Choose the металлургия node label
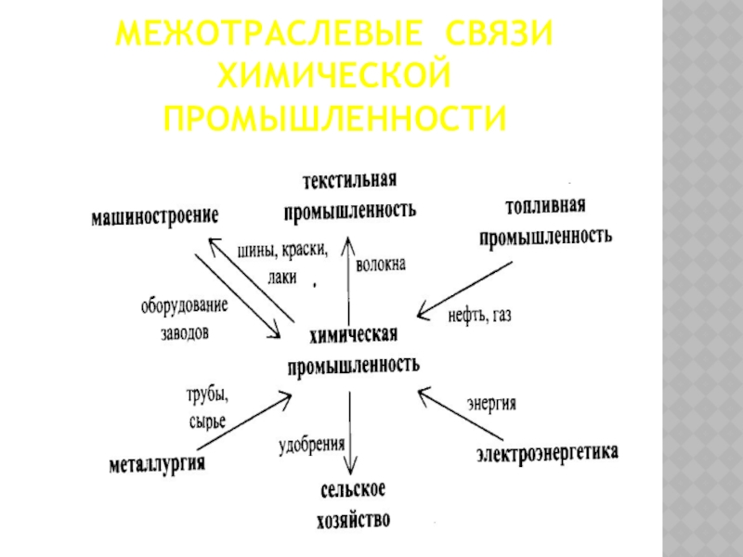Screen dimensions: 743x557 point(156,462)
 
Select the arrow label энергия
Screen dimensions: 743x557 point(491,405)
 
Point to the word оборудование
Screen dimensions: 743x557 point(184,305)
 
